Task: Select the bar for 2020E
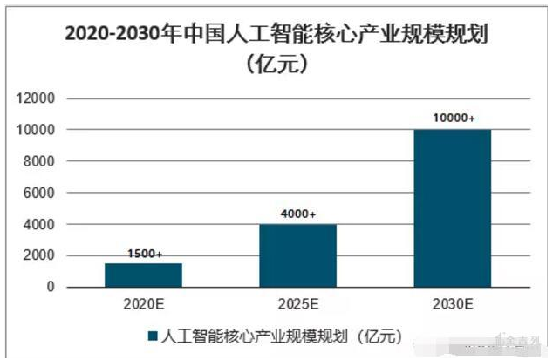(x=143, y=275)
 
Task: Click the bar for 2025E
(x=297, y=255)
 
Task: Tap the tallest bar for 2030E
(x=452, y=207)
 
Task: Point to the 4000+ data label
(x=297, y=214)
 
